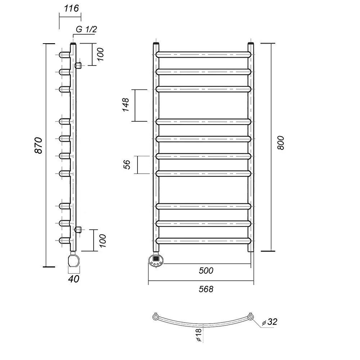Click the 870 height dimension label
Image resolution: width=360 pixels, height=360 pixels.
click(x=39, y=145)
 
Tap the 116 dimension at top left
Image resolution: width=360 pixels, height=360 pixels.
click(x=71, y=9)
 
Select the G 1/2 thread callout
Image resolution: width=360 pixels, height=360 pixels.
click(x=86, y=30)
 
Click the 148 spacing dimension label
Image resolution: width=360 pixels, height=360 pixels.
click(x=126, y=105)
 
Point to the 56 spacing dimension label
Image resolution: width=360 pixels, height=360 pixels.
click(x=127, y=165)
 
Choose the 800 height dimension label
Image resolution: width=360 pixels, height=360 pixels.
click(x=281, y=143)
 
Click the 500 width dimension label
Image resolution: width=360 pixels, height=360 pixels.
click(x=206, y=270)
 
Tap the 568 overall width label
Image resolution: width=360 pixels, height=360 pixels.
click(x=206, y=289)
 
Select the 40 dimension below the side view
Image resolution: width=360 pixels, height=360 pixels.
click(x=74, y=279)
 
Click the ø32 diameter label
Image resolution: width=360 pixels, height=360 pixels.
click(x=270, y=322)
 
